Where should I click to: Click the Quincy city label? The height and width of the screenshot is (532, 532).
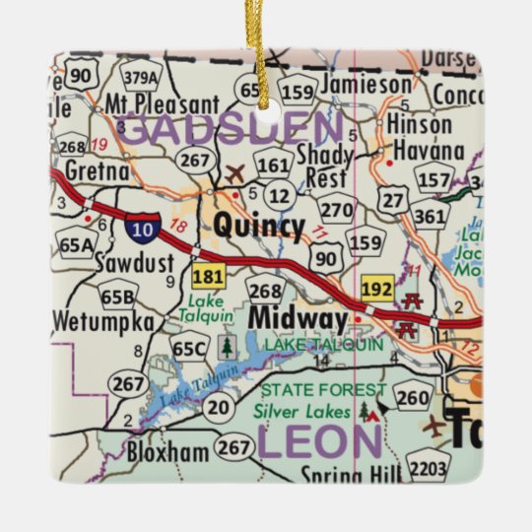[x=259, y=227]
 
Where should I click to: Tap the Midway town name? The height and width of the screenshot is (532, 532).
[x=298, y=319]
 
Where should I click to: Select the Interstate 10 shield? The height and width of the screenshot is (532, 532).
[x=139, y=228]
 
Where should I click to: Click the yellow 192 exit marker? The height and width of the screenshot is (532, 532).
[x=377, y=290]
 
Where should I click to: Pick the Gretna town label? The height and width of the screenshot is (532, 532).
[x=96, y=170]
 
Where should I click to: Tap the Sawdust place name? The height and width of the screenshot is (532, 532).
[x=135, y=263]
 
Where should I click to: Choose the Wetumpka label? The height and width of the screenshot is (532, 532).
[x=102, y=322]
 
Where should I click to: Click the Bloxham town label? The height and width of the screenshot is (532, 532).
[x=167, y=453]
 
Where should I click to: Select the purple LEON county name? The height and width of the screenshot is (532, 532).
[x=319, y=440]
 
